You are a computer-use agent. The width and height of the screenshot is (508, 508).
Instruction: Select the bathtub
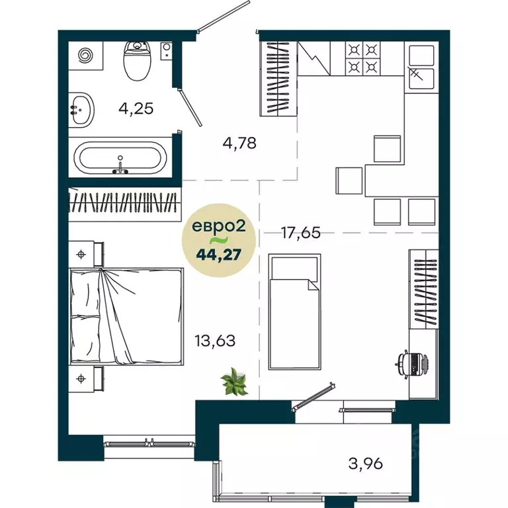point(120,159)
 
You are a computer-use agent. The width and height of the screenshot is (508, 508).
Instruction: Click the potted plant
point(234,382)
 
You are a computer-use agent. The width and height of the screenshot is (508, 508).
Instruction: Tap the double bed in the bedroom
point(126,316)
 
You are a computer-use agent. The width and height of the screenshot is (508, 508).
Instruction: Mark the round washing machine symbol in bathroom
point(86,55)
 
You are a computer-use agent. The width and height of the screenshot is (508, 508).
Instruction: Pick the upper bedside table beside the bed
point(86,253)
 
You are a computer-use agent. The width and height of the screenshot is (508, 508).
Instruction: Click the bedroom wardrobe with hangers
point(126,204)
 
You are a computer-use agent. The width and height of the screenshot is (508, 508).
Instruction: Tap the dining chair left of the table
point(349,181)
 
